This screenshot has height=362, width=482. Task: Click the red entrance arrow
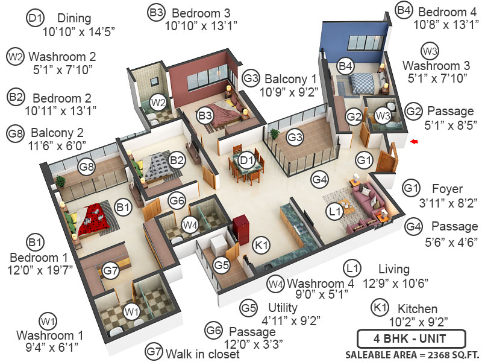tap(415, 141)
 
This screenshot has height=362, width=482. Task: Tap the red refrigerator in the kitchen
tap(240, 231)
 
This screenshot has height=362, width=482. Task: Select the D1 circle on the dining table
tap(246, 160)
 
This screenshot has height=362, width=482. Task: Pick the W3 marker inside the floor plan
tap(383, 116)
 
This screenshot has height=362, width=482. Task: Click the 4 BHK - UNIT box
tap(411, 338)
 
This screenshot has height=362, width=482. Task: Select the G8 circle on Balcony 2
tap(87, 167)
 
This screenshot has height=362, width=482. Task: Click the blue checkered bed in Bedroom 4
tap(362, 84)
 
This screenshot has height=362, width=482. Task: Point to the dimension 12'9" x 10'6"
tap(395, 283)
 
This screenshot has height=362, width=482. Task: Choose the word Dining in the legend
tap(74, 19)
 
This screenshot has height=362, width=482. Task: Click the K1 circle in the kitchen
tap(261, 246)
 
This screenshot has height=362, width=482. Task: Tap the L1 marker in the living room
tap(335, 212)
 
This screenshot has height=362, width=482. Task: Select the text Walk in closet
tap(202, 354)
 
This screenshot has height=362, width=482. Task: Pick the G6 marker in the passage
tap(177, 201)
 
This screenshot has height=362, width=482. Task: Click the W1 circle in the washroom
tap(132, 312)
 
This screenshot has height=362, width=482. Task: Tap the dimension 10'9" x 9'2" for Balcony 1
tap(289, 92)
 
